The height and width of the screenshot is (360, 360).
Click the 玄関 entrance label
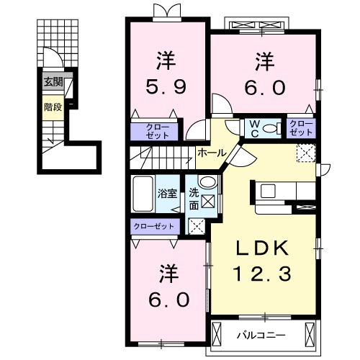pos(53,82)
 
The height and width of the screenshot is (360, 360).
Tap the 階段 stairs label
pos(53,107)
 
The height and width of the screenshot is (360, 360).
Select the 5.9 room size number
pos(166,86)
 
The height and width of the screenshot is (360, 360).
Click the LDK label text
pos(262,248)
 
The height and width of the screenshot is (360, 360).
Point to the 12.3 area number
pos(262,274)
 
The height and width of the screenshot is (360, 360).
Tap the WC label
pos(255,129)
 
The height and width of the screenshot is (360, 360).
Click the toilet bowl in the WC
pos(270,129)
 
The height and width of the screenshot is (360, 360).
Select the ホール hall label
pos(212,153)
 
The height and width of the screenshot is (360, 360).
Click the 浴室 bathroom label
pos(167,194)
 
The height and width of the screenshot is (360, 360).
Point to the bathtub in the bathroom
pos(143,194)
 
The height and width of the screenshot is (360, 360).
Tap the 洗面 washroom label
pos(194,199)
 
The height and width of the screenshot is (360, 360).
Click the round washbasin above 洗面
pos(208,182)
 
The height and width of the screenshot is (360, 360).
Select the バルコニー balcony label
pos(261,335)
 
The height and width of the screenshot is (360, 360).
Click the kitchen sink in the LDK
pos(268,191)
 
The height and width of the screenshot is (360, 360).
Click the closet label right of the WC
pos(301,128)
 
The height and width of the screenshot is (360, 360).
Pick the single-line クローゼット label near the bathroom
pos(154,226)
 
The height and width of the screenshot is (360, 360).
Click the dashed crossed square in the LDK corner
pos(306,153)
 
